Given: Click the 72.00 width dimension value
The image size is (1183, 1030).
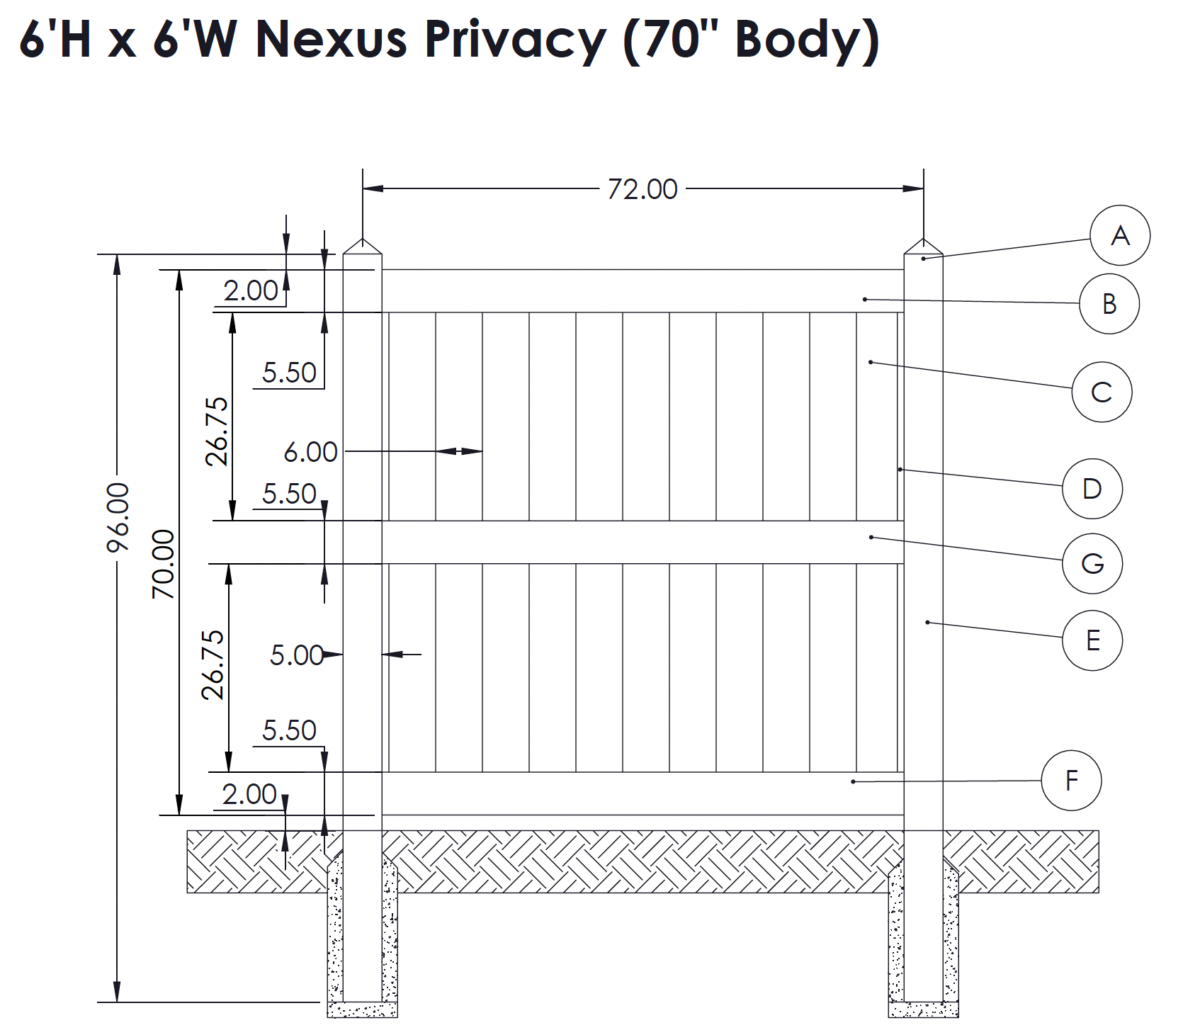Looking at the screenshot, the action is (x=643, y=189).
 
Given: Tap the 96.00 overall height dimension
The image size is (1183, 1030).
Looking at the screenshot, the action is (x=118, y=516).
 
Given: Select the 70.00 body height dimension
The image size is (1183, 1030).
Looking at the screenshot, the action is (x=164, y=563).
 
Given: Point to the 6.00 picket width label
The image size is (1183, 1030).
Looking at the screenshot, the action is (x=310, y=452).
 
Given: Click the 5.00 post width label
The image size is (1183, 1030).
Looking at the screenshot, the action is (x=297, y=655).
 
